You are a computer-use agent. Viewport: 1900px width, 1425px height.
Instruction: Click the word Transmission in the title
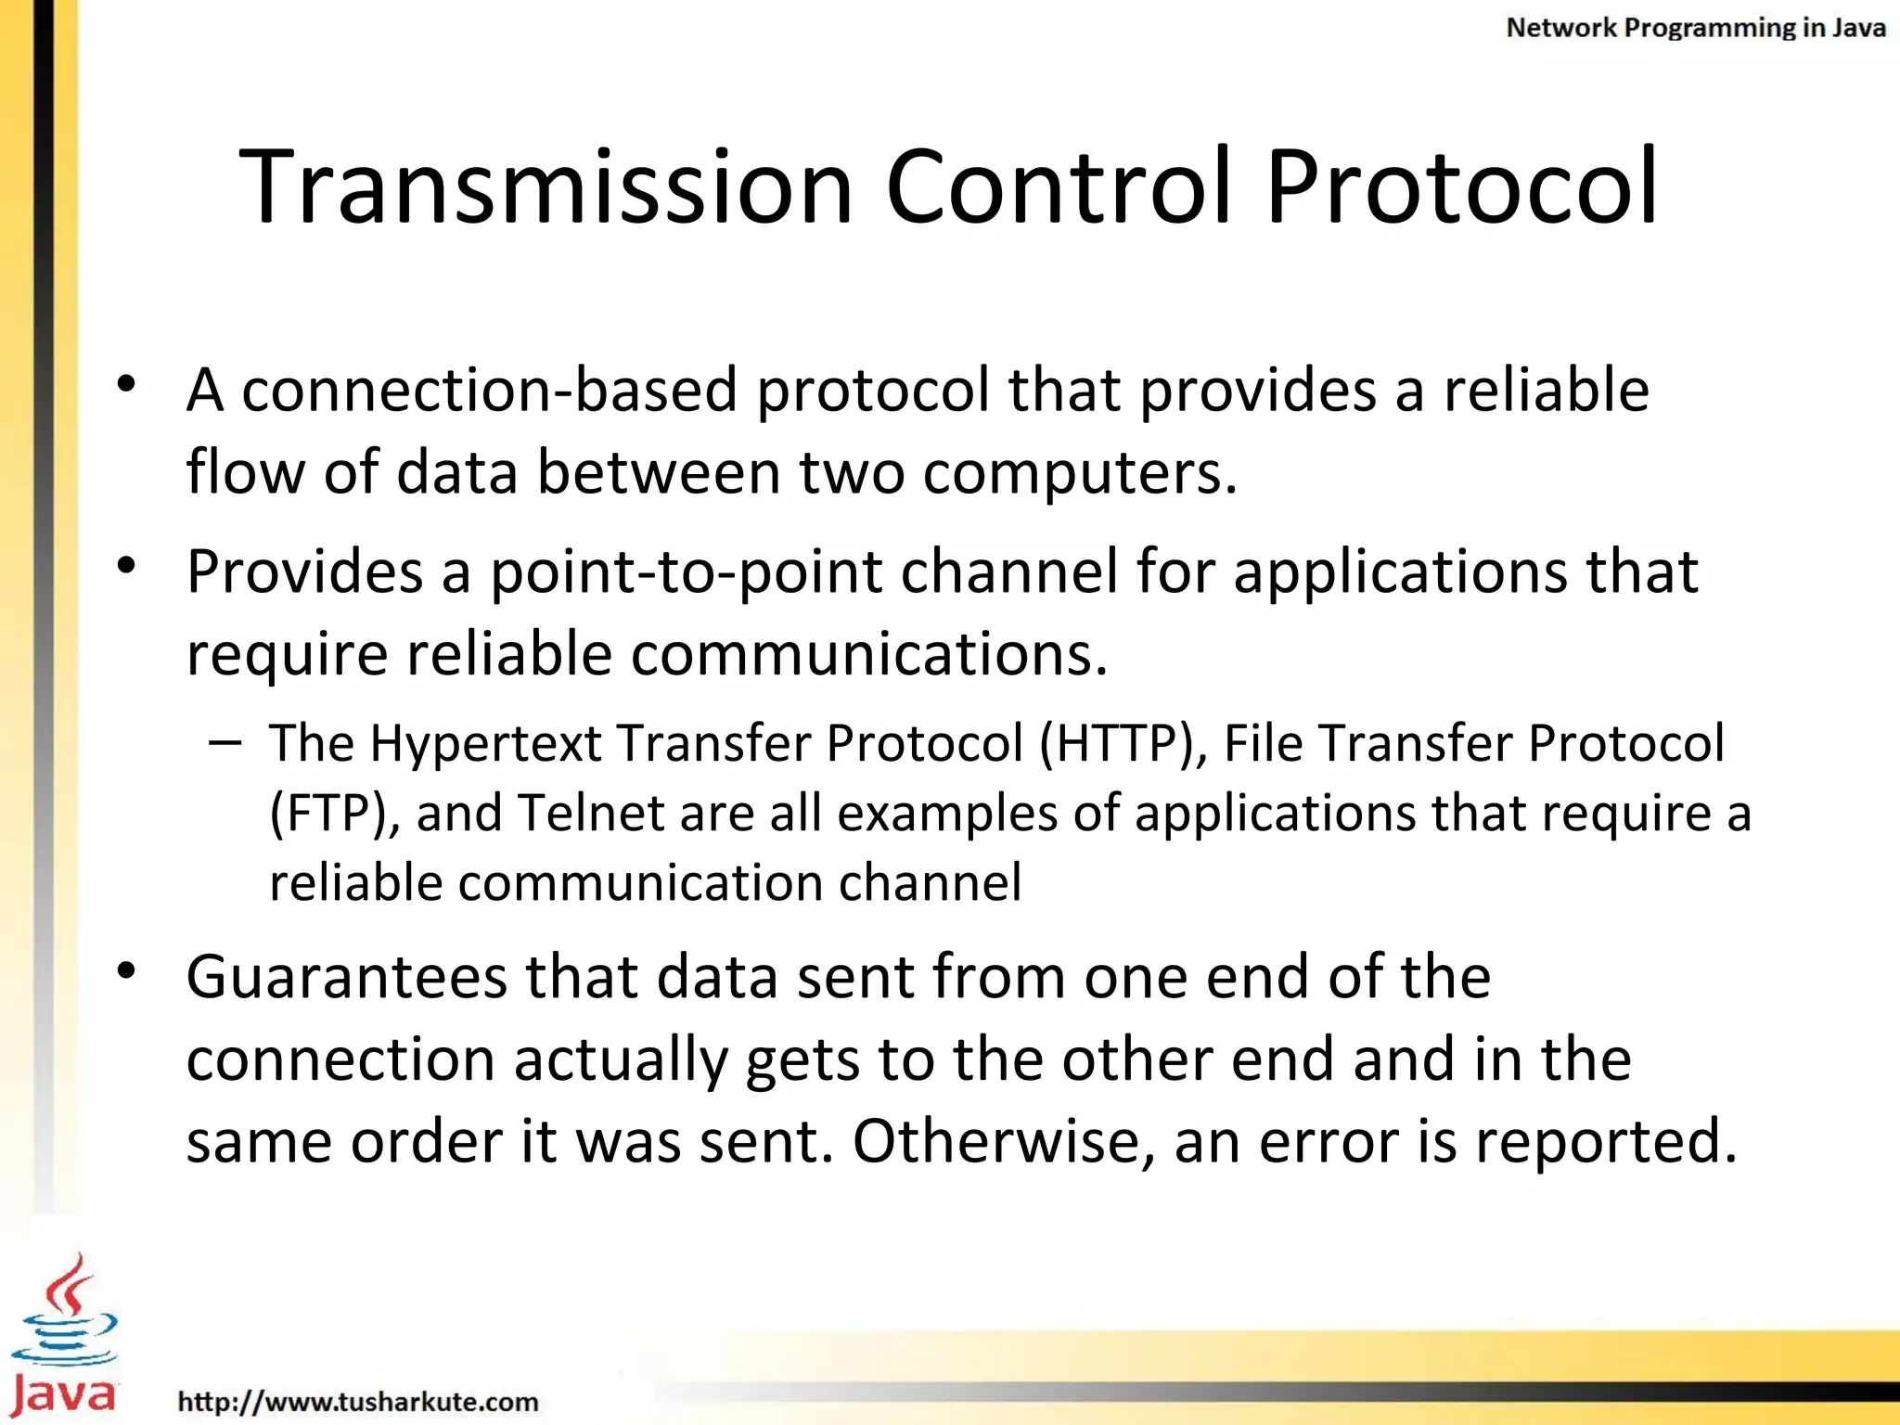tap(546, 187)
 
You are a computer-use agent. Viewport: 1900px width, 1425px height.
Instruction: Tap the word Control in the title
tap(1059, 187)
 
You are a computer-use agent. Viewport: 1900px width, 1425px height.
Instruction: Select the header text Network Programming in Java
tap(1695, 28)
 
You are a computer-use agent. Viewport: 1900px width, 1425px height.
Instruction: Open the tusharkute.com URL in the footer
tap(358, 1401)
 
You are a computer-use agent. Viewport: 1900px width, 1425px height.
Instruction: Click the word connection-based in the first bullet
tap(490, 390)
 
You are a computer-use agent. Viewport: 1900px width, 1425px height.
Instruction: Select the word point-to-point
tap(686, 571)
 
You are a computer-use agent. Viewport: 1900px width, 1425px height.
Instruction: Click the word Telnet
tap(590, 814)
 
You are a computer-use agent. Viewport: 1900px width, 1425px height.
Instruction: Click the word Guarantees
tap(346, 977)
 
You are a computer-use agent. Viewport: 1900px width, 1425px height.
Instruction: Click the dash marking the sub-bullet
tap(225, 742)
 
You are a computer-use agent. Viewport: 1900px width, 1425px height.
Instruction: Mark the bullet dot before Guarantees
tap(127, 971)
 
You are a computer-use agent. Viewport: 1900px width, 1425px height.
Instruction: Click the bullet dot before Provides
tap(127, 565)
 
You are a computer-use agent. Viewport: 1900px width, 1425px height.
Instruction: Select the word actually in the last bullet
tap(621, 1059)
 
